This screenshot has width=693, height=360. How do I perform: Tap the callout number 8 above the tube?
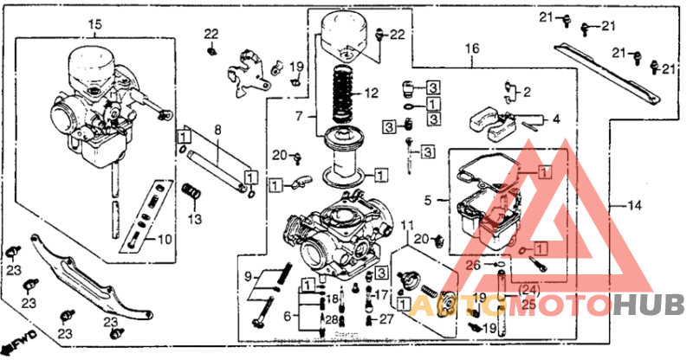[x=217, y=130]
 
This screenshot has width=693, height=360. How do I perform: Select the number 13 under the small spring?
[x=195, y=218]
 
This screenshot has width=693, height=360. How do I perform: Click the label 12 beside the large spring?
[x=372, y=93]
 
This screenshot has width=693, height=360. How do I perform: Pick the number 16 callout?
[x=471, y=49]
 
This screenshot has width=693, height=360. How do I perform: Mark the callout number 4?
[x=556, y=118]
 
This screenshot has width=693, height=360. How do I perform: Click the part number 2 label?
[x=526, y=91]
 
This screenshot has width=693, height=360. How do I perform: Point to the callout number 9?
[x=249, y=276]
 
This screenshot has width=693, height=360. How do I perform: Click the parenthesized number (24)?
[x=529, y=289]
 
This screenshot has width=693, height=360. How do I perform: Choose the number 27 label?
[x=386, y=319]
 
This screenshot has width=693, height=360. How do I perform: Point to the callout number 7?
[x=300, y=115]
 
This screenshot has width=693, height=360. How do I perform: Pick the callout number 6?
[x=287, y=316]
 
